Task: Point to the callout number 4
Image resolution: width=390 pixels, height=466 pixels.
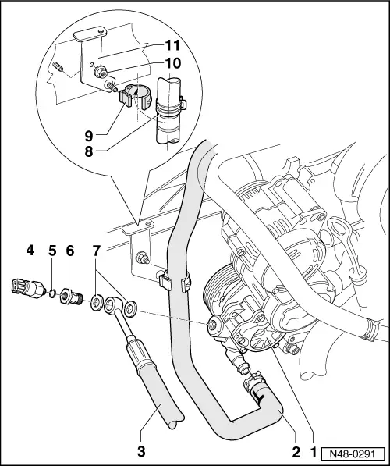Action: [x=30, y=251]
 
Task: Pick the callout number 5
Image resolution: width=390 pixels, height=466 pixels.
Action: [x=51, y=251]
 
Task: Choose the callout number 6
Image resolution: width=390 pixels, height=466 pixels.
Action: [x=70, y=251]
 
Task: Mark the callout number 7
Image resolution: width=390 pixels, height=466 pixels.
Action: [x=96, y=251]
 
